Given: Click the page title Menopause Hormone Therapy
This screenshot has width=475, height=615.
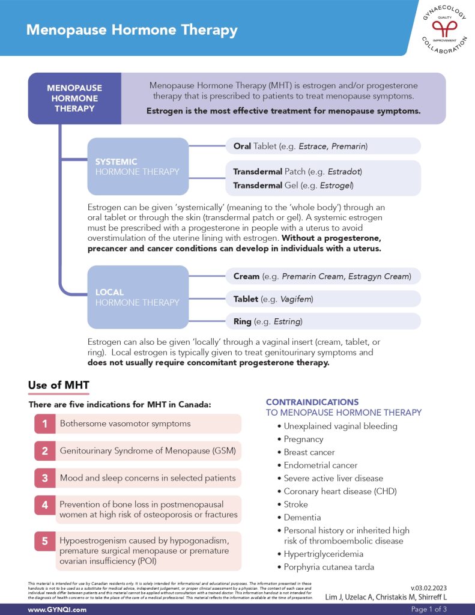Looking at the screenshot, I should [132, 29].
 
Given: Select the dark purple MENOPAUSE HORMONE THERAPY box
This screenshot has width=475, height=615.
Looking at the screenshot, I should [74, 98].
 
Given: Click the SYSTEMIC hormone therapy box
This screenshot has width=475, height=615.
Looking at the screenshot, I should [138, 166].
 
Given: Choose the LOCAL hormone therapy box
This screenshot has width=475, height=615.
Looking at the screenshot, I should [138, 297].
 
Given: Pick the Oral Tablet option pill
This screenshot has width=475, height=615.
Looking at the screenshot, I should [323, 146].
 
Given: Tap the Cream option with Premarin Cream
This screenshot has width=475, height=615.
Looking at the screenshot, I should [323, 276].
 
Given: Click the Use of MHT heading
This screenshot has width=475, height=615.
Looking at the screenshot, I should [59, 385].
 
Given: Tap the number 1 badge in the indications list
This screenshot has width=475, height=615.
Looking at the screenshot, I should [44, 424].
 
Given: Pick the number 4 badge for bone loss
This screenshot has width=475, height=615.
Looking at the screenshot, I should [44, 506].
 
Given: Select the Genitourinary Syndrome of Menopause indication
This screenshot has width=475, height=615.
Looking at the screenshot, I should [148, 450].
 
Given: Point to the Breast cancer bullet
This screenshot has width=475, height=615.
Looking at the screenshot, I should [309, 452].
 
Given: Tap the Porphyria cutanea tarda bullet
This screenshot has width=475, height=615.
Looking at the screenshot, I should [328, 567].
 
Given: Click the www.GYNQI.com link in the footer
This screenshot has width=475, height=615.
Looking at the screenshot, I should [57, 609].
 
